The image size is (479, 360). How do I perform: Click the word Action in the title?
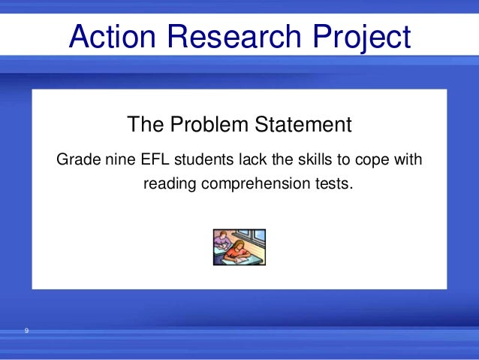[x=111, y=36]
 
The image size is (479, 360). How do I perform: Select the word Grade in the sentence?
[x=77, y=160]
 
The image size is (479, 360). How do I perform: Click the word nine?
[x=118, y=160]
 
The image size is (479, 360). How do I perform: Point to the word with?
[x=409, y=160]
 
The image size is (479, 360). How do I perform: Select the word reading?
[x=170, y=183]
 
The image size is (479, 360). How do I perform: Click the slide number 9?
[x=26, y=331]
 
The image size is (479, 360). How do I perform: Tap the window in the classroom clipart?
[x=255, y=238]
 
